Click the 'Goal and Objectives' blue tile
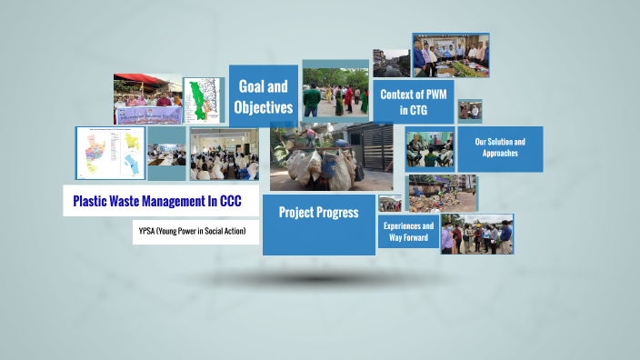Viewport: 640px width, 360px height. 264,96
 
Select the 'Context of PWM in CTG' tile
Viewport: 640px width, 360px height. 414,101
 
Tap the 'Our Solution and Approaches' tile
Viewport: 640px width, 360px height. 500,148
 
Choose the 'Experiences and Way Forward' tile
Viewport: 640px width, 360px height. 408,232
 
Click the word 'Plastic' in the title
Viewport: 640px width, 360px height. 95,201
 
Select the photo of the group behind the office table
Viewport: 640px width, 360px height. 451,55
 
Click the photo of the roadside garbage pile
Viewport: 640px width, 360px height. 442,193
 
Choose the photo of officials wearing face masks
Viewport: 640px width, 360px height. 477,234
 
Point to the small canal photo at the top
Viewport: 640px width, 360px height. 391,63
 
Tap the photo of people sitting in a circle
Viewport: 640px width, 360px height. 429,149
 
